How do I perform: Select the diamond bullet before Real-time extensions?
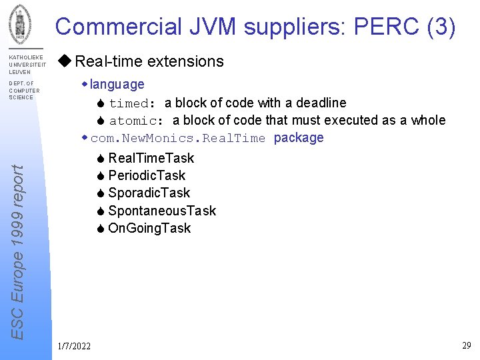65,61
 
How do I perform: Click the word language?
117,84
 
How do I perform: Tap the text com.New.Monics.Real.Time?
177,138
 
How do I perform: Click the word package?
299,138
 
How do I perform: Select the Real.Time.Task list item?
151,158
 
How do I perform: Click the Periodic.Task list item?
147,175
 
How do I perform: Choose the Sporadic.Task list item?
149,193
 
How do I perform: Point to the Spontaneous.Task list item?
162,211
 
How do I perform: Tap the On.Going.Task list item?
149,228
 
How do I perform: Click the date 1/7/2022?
75,345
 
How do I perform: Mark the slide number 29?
466,345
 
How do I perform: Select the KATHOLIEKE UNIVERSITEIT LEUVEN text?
26,65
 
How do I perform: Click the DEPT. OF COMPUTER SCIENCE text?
24,91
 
